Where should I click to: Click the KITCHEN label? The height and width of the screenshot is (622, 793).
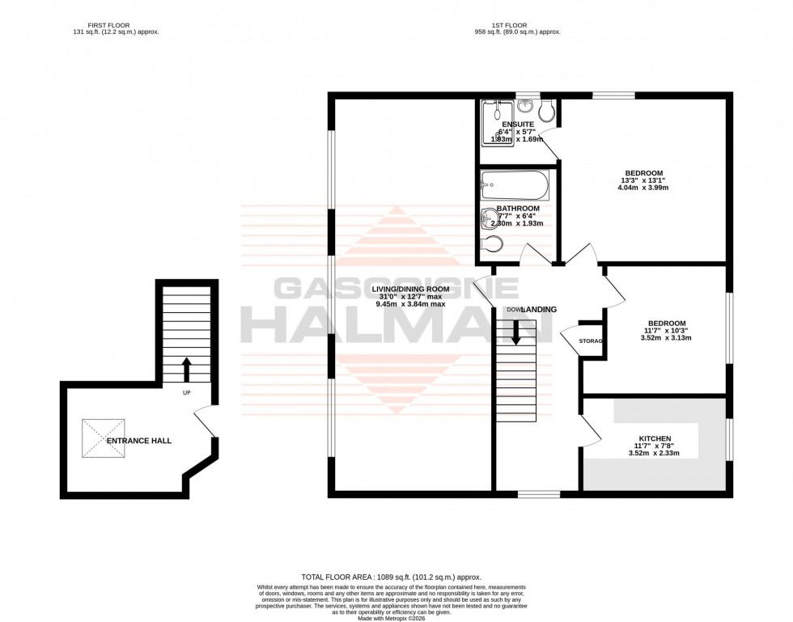pos(654,438)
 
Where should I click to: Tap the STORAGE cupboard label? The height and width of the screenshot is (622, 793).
pos(592,341)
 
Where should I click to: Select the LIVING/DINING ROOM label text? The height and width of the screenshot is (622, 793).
pos(410,288)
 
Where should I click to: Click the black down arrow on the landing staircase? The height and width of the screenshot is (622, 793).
pos(515,331)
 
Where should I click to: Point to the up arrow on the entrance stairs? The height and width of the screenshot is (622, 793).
pos(186,370)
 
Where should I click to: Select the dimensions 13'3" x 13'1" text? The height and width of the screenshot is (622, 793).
pos(644,180)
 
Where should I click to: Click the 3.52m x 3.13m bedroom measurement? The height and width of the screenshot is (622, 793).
pos(666,338)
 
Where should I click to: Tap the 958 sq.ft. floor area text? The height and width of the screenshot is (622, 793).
pos(517,32)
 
